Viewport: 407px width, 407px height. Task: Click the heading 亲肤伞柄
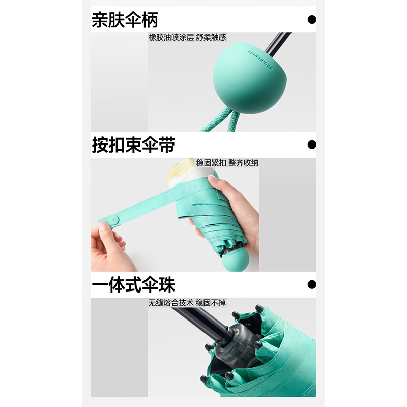pos(125,20)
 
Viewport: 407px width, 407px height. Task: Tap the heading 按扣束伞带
pos(133,144)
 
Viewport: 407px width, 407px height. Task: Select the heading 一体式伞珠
pos(133,284)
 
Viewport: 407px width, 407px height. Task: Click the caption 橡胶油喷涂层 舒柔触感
pos(187,37)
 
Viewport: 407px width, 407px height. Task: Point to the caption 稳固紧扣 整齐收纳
pos(227,163)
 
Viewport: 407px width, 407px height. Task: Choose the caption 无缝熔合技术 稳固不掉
pos(187,303)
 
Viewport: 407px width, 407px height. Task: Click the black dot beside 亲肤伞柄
pos(312,20)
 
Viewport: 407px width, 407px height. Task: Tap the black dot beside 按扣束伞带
pos(312,144)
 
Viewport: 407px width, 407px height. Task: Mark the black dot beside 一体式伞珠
pos(312,284)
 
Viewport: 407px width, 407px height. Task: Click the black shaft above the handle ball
pos(277,43)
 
